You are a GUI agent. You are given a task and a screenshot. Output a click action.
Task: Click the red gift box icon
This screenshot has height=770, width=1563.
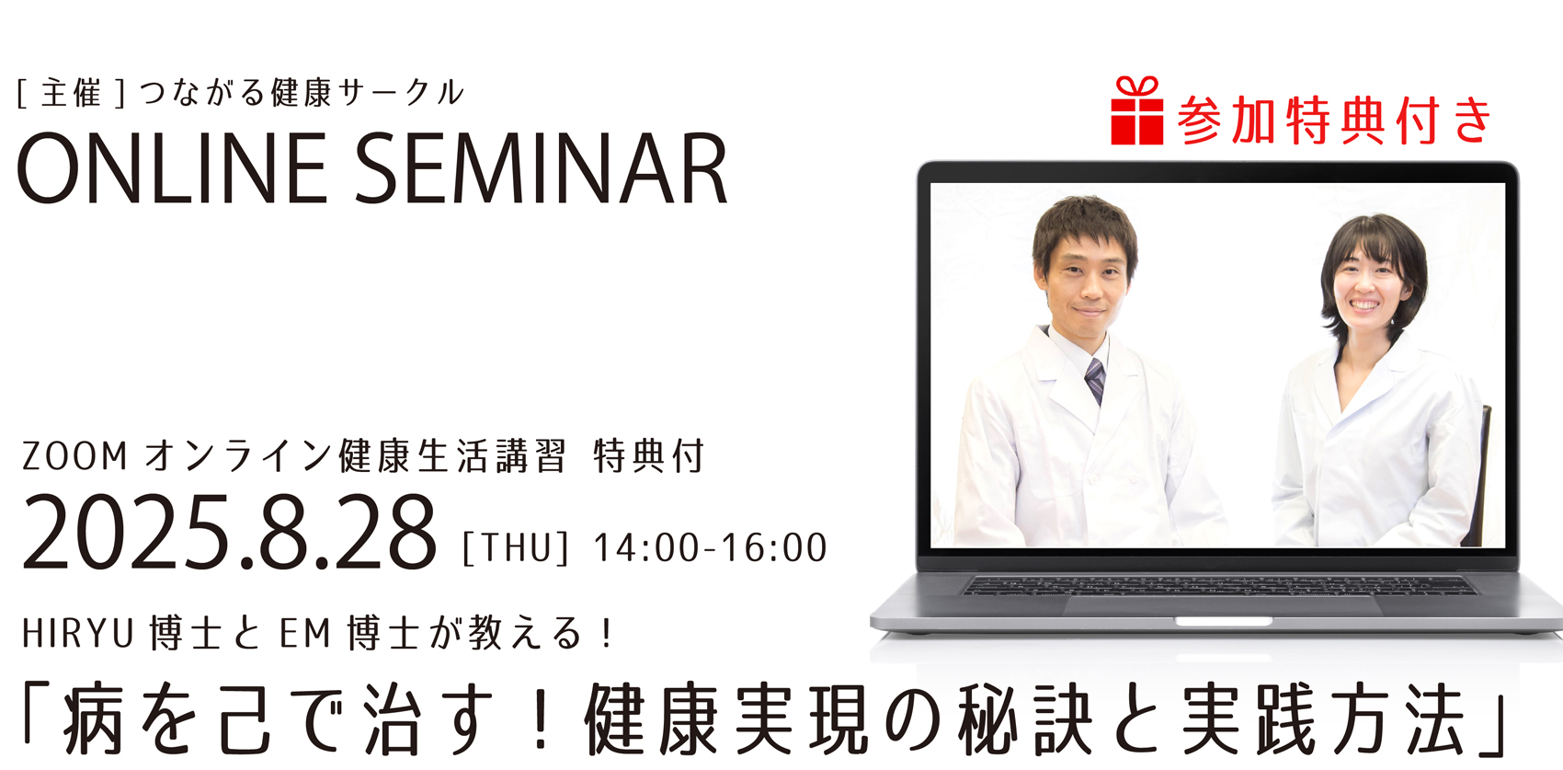(1136, 110)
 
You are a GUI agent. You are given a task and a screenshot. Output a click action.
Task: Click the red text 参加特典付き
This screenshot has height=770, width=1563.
(1334, 121)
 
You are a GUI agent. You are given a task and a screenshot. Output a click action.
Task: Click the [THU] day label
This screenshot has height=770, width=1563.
(517, 547)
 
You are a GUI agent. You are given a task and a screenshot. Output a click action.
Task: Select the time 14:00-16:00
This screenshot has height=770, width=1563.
(711, 548)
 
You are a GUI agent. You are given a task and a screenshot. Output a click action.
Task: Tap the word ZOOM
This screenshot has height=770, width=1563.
(75, 457)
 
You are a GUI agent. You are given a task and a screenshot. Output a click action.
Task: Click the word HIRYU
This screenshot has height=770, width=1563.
(77, 634)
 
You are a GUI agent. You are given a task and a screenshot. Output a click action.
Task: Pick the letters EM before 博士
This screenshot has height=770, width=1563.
(305, 634)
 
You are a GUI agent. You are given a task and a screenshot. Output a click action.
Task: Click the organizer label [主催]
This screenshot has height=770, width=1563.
(71, 94)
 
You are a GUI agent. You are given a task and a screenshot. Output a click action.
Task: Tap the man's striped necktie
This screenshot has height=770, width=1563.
(1095, 380)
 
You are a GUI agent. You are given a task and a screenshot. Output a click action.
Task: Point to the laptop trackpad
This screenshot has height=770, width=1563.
(1223, 606)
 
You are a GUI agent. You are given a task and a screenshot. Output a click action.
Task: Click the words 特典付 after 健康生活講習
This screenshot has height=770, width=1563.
(648, 457)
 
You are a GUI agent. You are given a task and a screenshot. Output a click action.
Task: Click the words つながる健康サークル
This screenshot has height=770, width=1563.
(302, 94)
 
